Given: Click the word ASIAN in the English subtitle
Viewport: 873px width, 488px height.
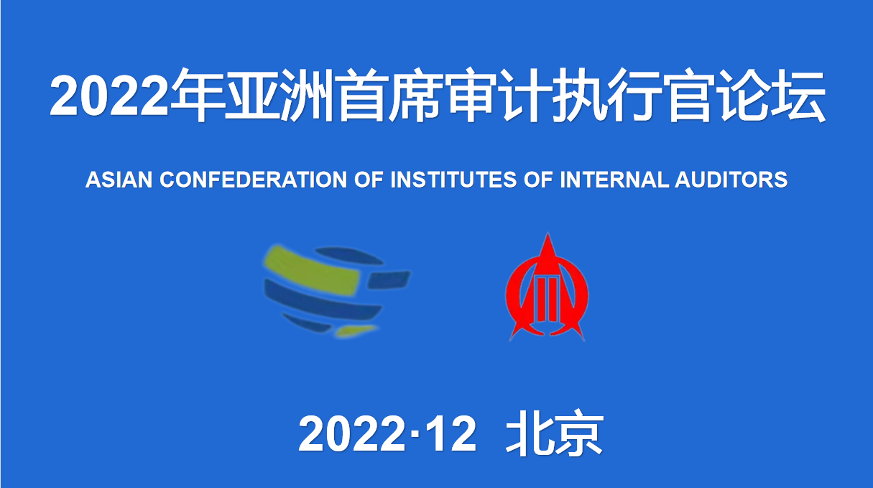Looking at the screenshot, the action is tap(119, 180).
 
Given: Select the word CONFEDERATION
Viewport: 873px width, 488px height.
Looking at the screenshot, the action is tap(253, 180).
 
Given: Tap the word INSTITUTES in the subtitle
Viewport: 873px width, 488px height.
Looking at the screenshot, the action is tap(453, 180).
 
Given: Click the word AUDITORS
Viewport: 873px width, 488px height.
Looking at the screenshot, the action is tap(731, 180).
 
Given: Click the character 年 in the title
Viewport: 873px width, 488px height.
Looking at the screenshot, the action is tap(198, 96).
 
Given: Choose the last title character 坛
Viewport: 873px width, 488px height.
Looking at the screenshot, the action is tap(798, 96).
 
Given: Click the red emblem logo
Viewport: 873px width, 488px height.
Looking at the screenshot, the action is tap(547, 287).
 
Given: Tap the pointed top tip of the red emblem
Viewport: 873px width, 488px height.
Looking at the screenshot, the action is tap(548, 233).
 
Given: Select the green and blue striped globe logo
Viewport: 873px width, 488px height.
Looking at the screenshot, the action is tap(337, 291).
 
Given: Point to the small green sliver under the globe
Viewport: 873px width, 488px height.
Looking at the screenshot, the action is tap(356, 331).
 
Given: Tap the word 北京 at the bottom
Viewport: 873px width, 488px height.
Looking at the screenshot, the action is tap(554, 433).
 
